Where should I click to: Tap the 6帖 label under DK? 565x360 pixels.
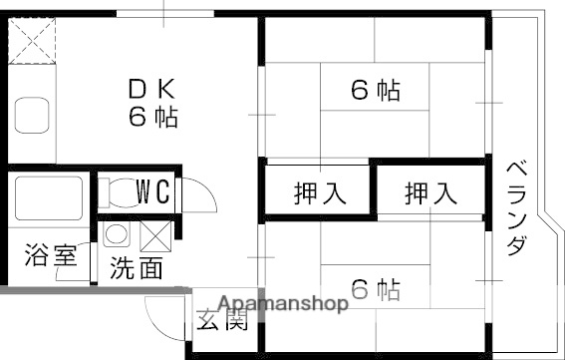152,117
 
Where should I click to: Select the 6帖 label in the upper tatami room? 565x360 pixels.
376,91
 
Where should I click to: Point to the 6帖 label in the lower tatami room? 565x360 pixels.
376,290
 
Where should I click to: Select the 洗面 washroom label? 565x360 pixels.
137,267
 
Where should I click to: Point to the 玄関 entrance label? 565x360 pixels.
221,321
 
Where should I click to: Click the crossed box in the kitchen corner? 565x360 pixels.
33,42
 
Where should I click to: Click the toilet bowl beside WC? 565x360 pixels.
116,191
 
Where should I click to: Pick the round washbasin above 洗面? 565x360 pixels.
116,235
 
